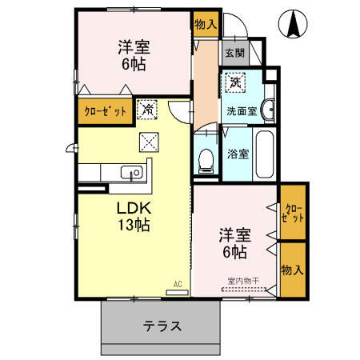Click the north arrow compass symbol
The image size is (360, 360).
point(293,26)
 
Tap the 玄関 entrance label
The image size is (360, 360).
point(234,54)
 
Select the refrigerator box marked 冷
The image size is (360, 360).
point(148,109)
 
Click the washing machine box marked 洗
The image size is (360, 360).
point(236,82)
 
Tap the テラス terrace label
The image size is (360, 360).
point(162,326)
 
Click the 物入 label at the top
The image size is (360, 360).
point(206,25)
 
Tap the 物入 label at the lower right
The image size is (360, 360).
point(293,270)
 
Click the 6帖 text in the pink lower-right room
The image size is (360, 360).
point(234,252)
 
